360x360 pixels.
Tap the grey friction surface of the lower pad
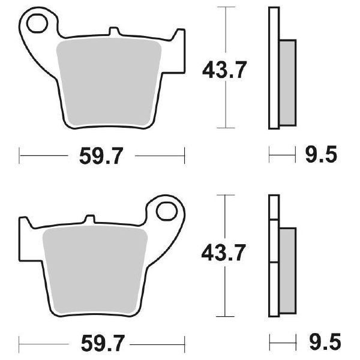click(x=96, y=264)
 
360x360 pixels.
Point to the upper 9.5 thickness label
click(x=321, y=156)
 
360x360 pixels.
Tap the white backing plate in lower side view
click(x=274, y=258)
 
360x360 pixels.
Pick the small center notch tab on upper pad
click(x=114, y=31)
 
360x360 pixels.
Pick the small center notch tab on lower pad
click(x=89, y=220)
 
